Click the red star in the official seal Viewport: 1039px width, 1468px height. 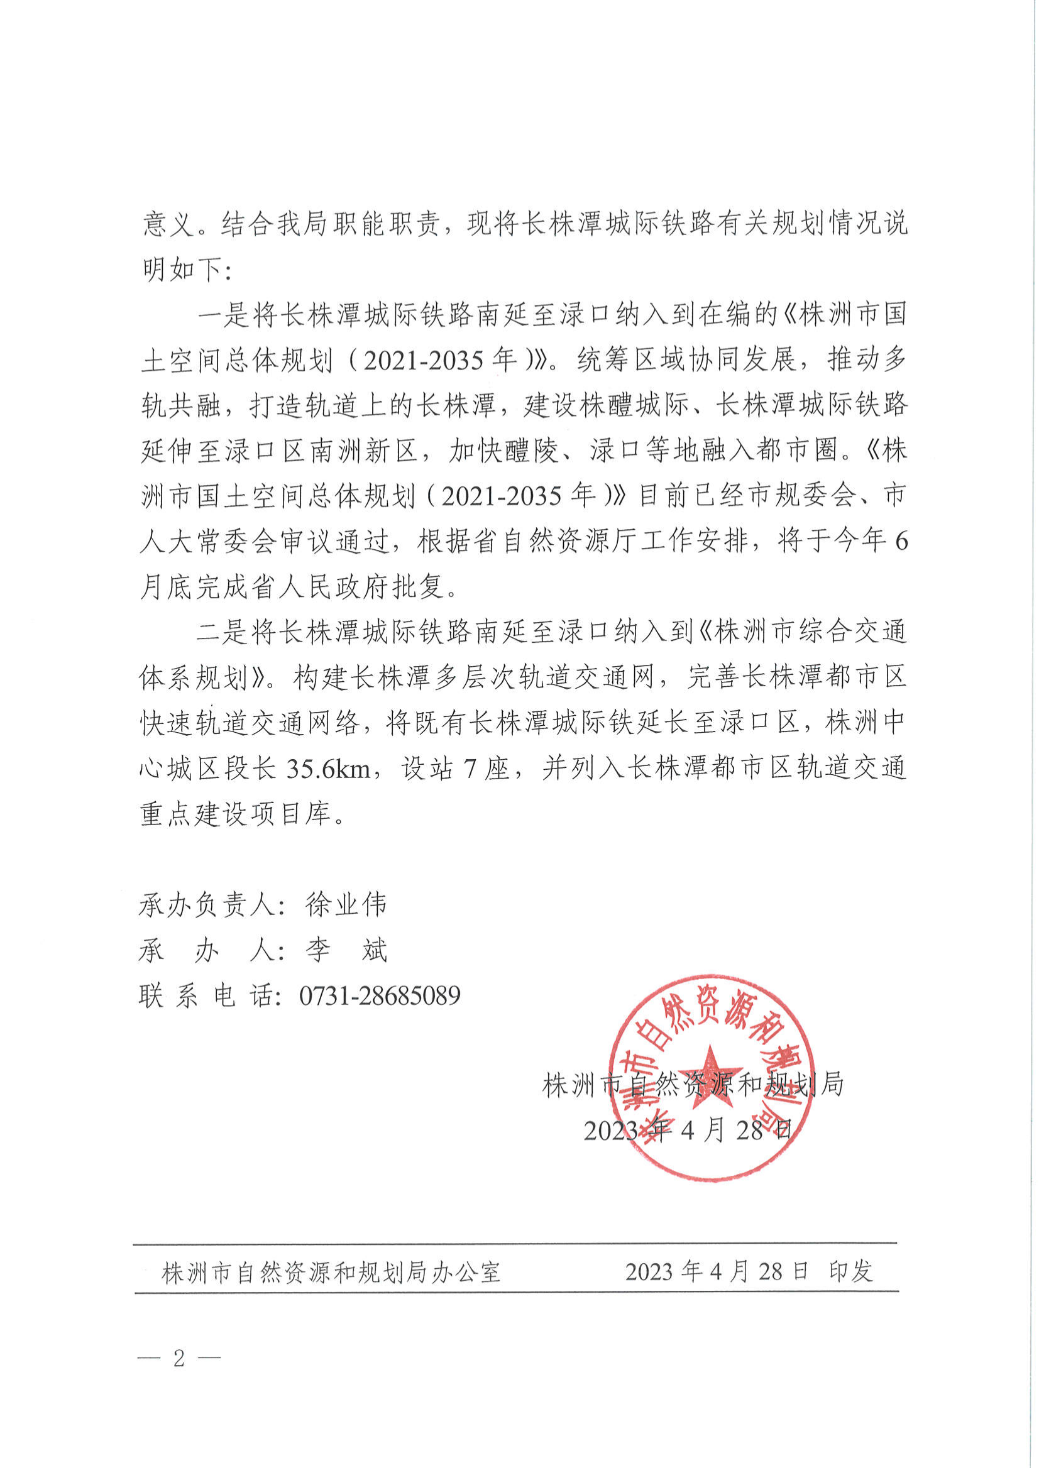point(710,1077)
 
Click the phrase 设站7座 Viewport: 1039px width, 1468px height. point(455,768)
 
